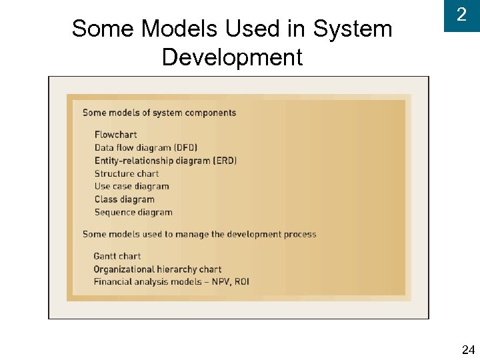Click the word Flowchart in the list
tap(115, 135)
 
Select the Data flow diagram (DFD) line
tap(146, 147)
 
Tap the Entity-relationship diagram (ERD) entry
tap(165, 161)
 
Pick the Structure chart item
tap(127, 173)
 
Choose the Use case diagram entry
tap(131, 187)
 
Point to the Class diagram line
tap(124, 199)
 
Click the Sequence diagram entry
tap(133, 213)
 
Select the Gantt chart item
tap(117, 256)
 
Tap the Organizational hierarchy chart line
tap(157, 269)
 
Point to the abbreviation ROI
tap(241, 282)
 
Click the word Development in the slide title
tap(232, 57)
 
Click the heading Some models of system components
tap(159, 113)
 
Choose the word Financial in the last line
tap(112, 282)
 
